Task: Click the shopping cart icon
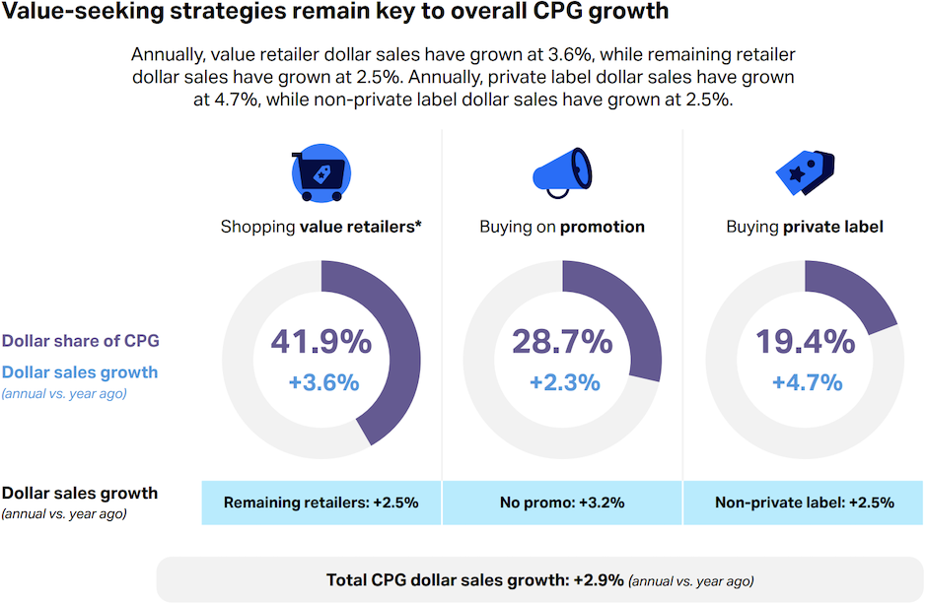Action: (x=321, y=175)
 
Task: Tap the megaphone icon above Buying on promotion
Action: (x=561, y=168)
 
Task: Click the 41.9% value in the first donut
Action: (x=321, y=342)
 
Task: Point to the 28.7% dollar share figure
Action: (x=562, y=342)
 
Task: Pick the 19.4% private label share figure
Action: (x=805, y=342)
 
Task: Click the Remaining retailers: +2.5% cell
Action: (x=321, y=503)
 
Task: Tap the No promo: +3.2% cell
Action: (x=562, y=503)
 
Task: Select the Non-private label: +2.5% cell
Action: (x=805, y=503)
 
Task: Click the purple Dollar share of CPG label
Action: (x=81, y=341)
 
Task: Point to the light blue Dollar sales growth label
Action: (x=80, y=372)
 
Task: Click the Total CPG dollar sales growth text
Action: (x=474, y=579)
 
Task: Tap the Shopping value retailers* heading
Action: (x=321, y=227)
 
